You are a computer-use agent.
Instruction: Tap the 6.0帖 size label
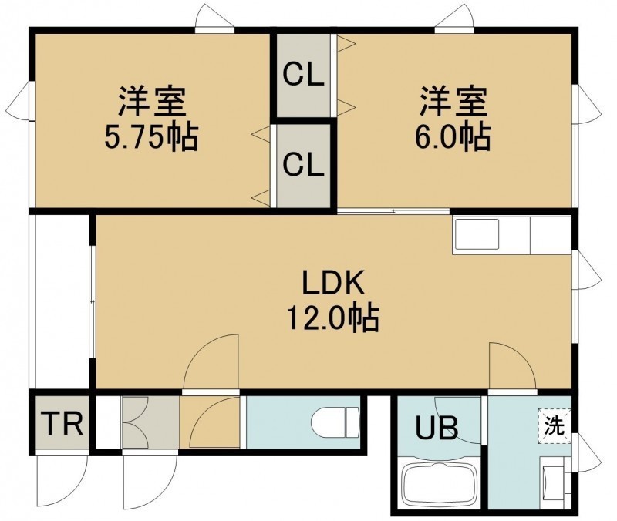(453, 137)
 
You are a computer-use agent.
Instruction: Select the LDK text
(333, 282)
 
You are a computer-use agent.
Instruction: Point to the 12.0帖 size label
(333, 317)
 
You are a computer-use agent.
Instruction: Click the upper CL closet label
(303, 75)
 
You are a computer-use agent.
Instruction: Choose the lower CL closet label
(303, 165)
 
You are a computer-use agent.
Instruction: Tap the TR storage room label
(62, 424)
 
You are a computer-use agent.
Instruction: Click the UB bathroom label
(437, 428)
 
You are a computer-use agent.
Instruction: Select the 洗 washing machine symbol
(555, 426)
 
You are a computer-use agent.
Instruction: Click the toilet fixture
(335, 422)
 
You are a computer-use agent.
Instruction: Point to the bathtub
(439, 484)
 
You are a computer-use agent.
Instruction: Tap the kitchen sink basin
(477, 234)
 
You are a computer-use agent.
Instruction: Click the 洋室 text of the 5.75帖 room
(151, 102)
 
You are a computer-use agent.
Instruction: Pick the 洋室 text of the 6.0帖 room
(453, 102)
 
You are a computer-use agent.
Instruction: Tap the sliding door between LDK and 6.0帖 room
(393, 211)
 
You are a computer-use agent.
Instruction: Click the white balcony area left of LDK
(62, 301)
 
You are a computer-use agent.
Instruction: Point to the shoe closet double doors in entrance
(135, 422)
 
